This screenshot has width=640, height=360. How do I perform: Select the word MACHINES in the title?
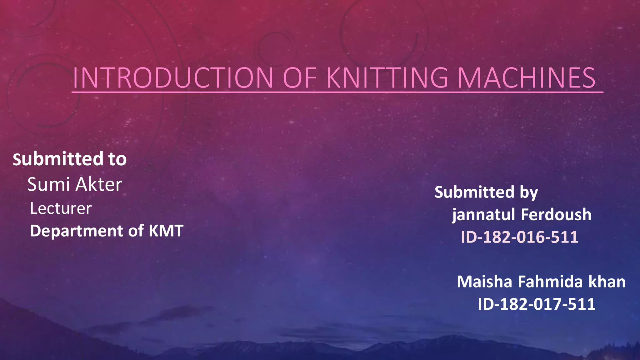click(x=526, y=78)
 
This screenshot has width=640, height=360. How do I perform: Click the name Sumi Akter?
click(x=75, y=184)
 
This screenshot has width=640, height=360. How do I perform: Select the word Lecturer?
click(x=61, y=208)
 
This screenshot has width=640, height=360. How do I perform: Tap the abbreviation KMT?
click(x=166, y=231)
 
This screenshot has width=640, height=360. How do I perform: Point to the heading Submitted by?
click(x=486, y=192)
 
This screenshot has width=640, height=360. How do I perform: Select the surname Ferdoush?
click(x=556, y=215)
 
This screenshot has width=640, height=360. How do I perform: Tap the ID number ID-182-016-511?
click(x=519, y=237)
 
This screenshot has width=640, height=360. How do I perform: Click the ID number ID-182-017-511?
click(x=536, y=304)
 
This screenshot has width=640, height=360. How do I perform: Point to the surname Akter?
click(x=99, y=184)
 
